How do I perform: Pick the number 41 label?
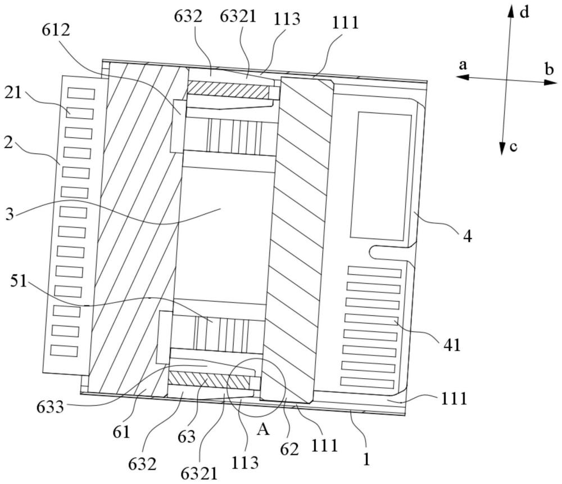[x=451, y=344]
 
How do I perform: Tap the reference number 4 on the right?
[x=468, y=235]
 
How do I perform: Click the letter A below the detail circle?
[x=262, y=431]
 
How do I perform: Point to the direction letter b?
[x=549, y=69]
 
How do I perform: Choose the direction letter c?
[x=513, y=147]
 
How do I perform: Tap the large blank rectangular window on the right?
[x=380, y=176]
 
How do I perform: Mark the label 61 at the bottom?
[x=122, y=433]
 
